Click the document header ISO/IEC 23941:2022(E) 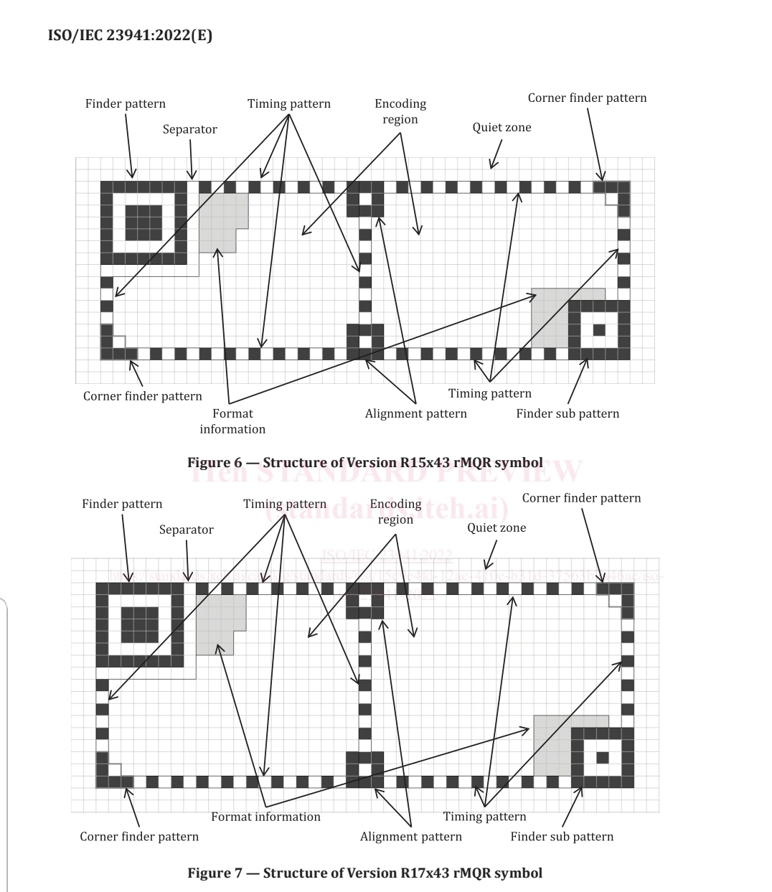point(130,35)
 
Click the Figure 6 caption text point(364,463)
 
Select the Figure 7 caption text point(364,873)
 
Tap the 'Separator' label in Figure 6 point(189,129)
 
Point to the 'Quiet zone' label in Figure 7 point(496,527)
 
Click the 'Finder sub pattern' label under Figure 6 point(568,413)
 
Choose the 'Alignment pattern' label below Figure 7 point(411,837)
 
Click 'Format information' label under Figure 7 point(265,817)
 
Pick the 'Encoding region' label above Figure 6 point(400,111)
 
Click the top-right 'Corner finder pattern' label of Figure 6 point(587,98)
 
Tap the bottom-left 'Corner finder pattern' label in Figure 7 point(139,837)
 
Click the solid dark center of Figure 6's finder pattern point(143,222)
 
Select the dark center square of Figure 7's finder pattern point(140,624)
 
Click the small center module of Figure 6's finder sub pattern point(599,330)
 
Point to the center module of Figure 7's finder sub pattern point(603,757)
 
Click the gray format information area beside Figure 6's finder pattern point(219,219)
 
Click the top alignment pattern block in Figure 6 point(365,199)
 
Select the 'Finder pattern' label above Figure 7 point(122,504)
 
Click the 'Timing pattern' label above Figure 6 point(289,103)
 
